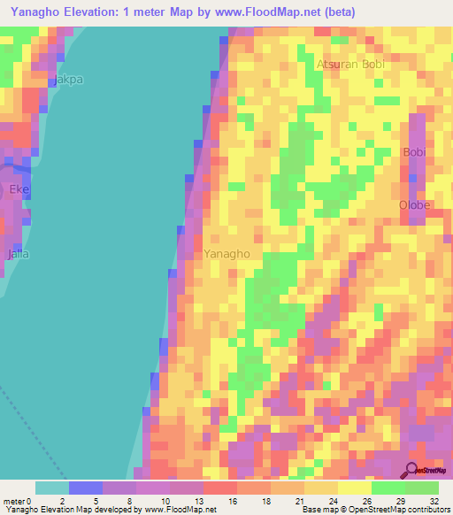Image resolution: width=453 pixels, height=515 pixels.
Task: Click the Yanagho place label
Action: pos(227,254)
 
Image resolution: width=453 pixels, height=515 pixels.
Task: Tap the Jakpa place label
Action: pos(68,80)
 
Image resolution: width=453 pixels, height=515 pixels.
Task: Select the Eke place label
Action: pos(19,189)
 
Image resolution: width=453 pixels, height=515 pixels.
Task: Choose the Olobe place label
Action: pos(414,205)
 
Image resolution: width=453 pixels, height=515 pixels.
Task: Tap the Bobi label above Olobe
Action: pos(414,152)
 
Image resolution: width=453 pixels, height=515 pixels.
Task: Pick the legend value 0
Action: pos(35,500)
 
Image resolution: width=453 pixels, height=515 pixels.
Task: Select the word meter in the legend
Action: pos(15,500)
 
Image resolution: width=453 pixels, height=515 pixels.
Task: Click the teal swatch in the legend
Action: pos(52,488)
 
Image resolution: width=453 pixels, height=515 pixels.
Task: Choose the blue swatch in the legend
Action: pos(86,488)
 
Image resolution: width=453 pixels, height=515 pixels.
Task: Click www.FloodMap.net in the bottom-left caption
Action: pos(178,510)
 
